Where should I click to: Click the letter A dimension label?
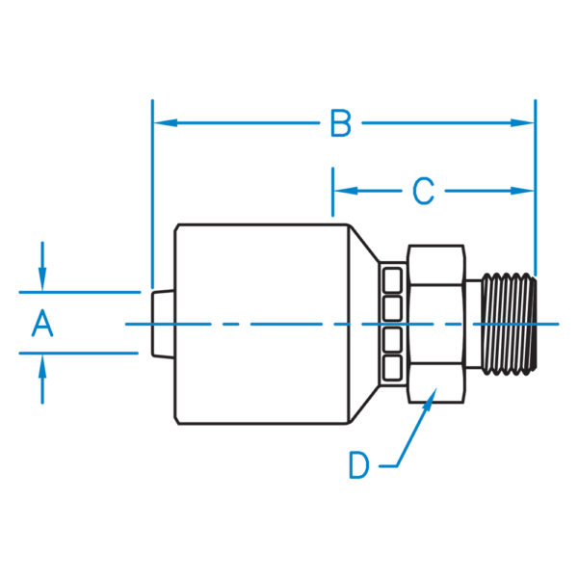[x=41, y=324]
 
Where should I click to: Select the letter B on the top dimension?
[x=340, y=123]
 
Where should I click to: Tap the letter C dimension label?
[x=423, y=192]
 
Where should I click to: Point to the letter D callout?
[x=359, y=466]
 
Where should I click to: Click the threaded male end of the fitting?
[x=508, y=324]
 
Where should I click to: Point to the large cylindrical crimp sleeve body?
[x=260, y=324]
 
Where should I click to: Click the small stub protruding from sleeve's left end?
[x=163, y=324]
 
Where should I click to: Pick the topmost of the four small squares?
[x=392, y=280]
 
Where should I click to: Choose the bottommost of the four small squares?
[x=392, y=367]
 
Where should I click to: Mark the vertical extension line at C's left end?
[x=333, y=193]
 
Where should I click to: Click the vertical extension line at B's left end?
[x=152, y=193]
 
